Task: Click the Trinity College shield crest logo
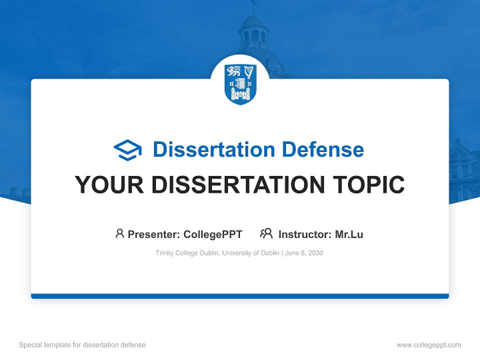[240, 83]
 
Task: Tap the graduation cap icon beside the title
[127, 149]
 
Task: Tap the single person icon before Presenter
[119, 233]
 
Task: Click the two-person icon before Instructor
[266, 233]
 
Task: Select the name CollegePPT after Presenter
[212, 234]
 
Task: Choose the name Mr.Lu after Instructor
[349, 234]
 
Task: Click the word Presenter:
[154, 234]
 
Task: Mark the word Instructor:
[304, 234]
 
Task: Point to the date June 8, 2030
[304, 253]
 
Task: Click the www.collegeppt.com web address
[428, 345]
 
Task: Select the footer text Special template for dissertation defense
[82, 345]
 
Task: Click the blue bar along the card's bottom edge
[240, 296]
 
